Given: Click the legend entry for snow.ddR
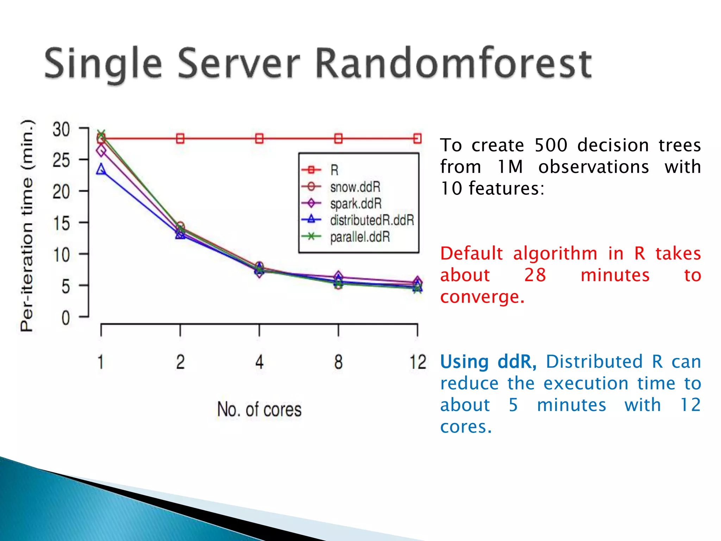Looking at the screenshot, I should [x=355, y=187].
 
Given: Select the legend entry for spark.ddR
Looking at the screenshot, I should [x=356, y=204].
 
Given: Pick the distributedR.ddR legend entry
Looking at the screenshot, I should [x=372, y=220].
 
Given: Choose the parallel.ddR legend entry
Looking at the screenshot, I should [x=360, y=237].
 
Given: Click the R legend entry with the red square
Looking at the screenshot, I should [x=334, y=170].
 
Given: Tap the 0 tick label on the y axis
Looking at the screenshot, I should [x=65, y=318].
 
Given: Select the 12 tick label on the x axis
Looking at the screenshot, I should [x=418, y=362].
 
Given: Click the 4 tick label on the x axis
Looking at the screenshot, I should [x=259, y=362].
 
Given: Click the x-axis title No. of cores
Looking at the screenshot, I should [x=259, y=409].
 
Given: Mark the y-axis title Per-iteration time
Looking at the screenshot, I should [x=27, y=225].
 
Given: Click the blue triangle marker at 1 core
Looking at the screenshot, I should [x=101, y=169].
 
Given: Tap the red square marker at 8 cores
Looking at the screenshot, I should [x=338, y=138].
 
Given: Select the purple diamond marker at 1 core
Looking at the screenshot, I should [x=101, y=151].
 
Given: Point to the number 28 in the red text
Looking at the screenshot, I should [x=535, y=275].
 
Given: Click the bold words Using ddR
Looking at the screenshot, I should [x=488, y=362].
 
